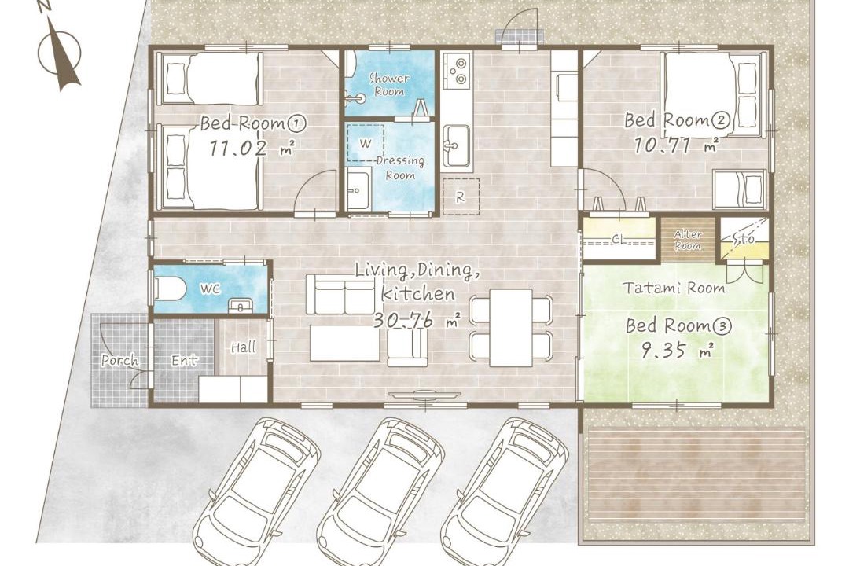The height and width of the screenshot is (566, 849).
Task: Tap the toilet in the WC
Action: [x=171, y=289]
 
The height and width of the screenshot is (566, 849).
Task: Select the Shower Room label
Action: [x=389, y=84]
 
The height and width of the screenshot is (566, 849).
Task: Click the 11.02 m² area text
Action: [x=252, y=148]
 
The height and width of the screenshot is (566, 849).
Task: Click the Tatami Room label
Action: [x=674, y=288]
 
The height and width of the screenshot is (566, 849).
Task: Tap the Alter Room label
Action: [x=688, y=240]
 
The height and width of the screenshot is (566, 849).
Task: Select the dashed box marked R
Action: [x=461, y=197]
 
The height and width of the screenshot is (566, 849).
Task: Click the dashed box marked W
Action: [x=366, y=143]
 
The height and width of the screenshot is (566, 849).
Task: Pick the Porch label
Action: [x=119, y=360]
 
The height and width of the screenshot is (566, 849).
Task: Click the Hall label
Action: [x=244, y=347]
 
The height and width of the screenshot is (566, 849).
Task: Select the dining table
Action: [x=511, y=327]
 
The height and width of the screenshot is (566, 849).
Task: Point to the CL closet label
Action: [x=619, y=238]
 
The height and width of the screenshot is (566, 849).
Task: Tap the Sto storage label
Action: [x=744, y=239]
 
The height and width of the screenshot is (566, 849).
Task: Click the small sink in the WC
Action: [x=239, y=306]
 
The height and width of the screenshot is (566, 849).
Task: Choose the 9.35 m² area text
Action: [x=676, y=351]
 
